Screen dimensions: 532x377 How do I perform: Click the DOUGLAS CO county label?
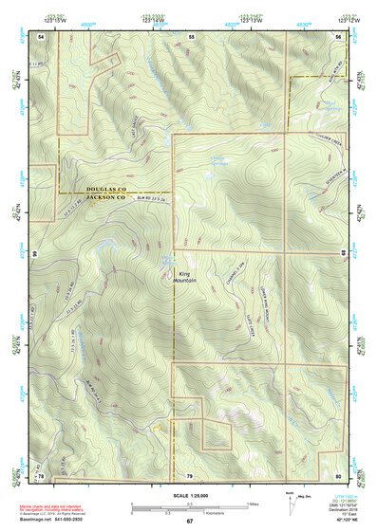pyautogui.click(x=114, y=190)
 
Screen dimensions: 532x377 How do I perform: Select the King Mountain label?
pyautogui.click(x=185, y=277)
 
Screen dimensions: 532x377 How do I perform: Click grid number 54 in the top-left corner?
pyautogui.click(x=41, y=35)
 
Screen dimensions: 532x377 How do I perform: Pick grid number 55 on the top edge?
pyautogui.click(x=190, y=35)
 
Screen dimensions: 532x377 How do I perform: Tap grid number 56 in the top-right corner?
pyautogui.click(x=337, y=35)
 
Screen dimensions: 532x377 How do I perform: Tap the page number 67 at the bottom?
pyautogui.click(x=189, y=521)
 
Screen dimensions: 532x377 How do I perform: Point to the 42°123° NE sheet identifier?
pyautogui.click(x=339, y=520)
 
